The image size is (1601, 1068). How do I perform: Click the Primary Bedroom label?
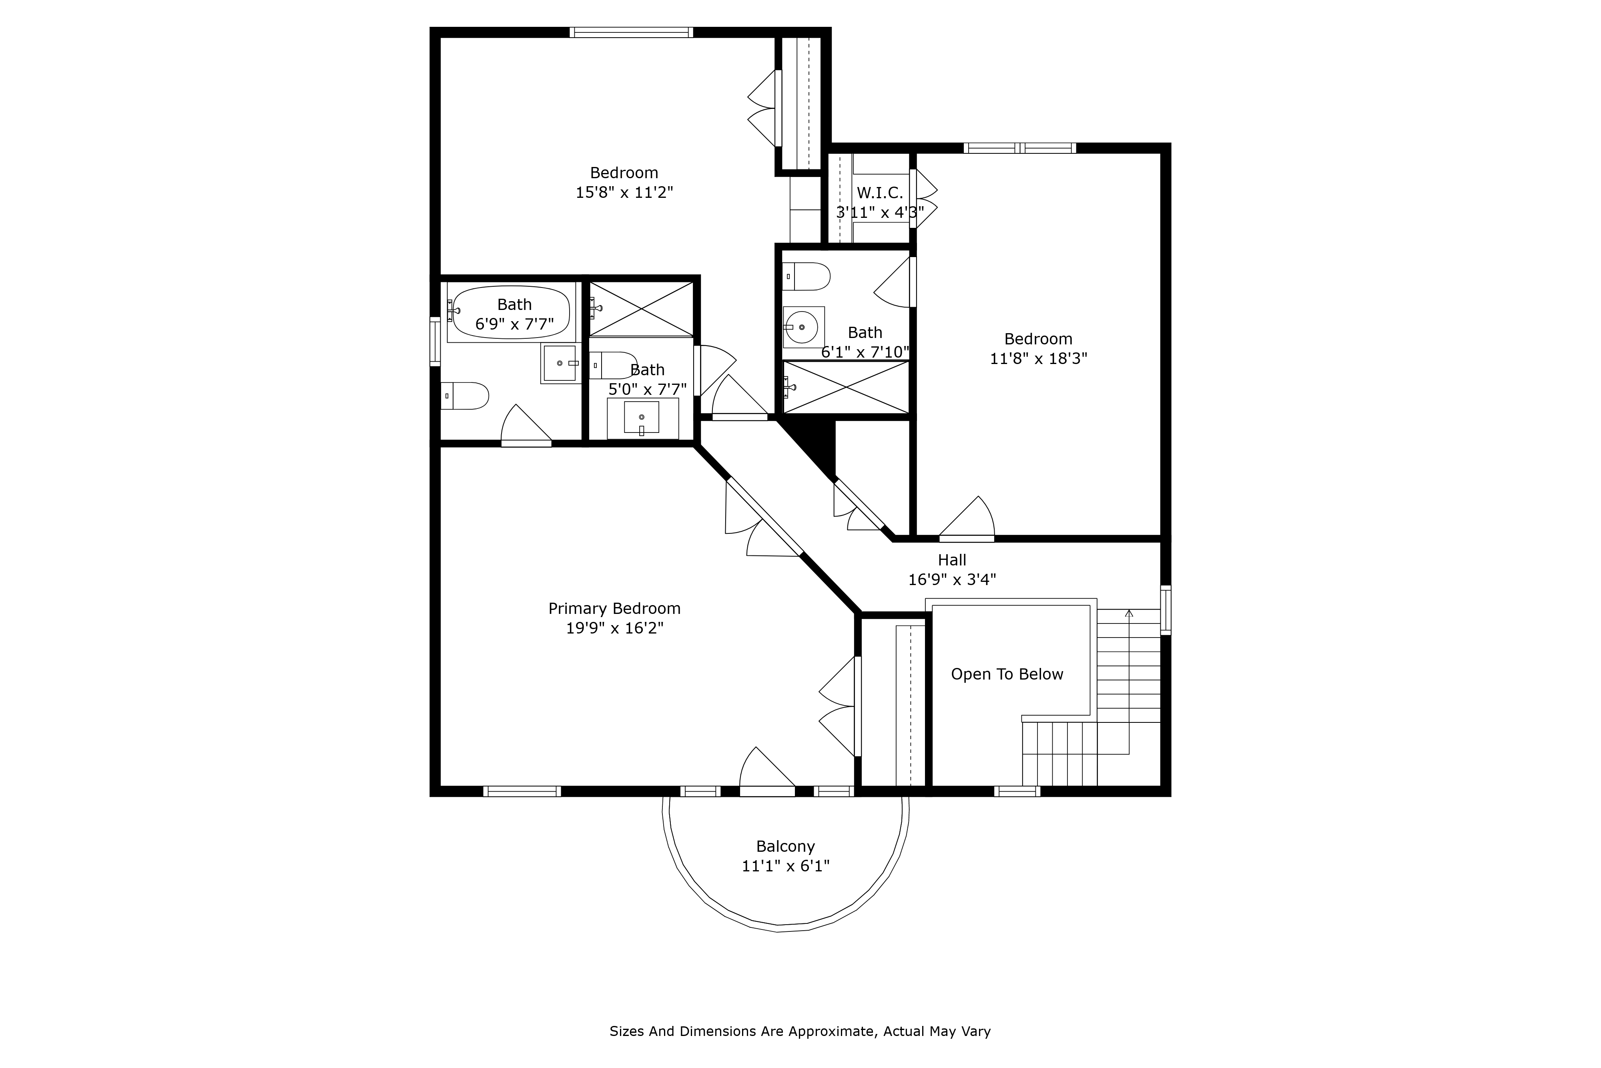point(614,608)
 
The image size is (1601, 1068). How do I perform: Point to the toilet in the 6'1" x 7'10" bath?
point(806,277)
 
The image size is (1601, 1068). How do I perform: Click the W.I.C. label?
point(879,193)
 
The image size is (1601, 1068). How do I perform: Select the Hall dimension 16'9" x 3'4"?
point(952,579)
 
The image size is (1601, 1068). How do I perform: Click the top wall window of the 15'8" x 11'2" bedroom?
point(631,32)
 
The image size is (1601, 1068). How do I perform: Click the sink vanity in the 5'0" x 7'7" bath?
point(642,418)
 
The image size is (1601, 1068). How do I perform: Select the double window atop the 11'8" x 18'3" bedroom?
point(1019,148)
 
